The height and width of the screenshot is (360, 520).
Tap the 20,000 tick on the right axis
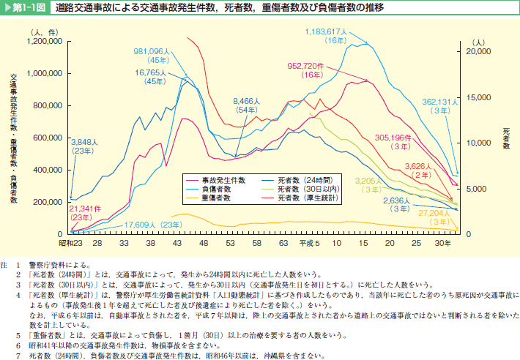[479, 52]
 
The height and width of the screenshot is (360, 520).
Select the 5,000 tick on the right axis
[477, 189]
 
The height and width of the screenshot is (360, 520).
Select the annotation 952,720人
[311, 65]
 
